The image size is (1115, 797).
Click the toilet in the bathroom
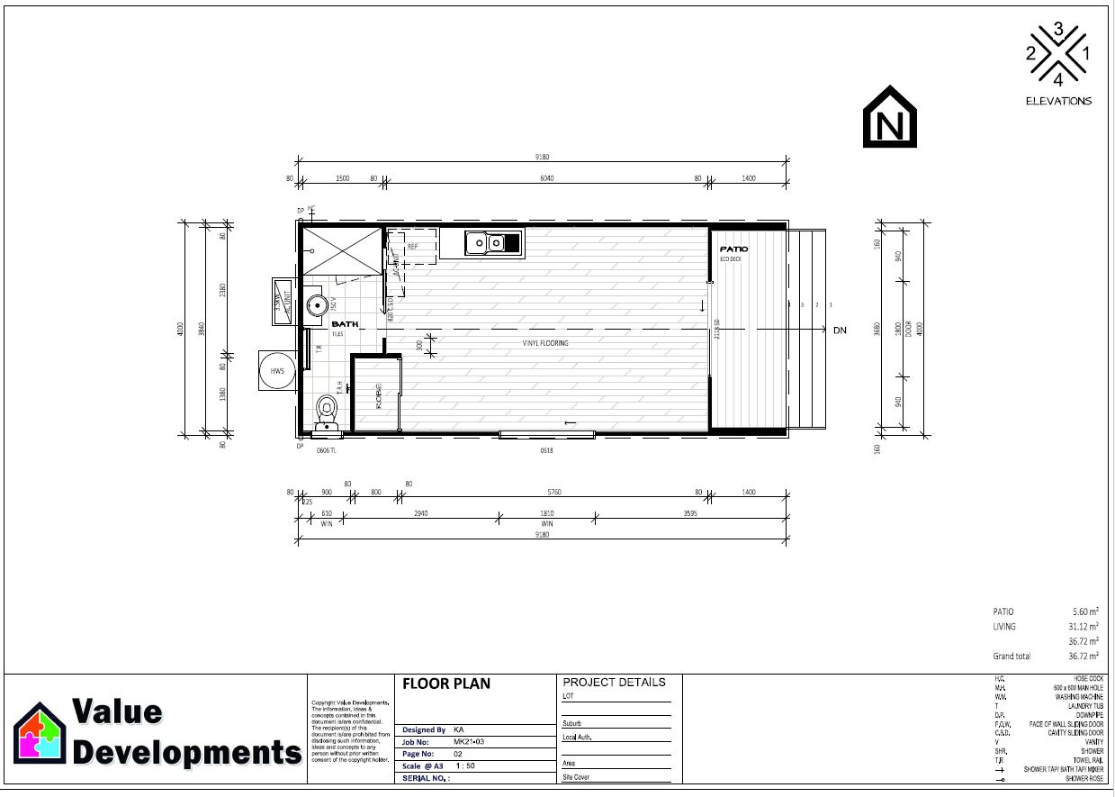[x=327, y=413]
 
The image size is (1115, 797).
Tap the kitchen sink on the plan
[x=493, y=242]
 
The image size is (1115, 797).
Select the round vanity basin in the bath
[x=315, y=305]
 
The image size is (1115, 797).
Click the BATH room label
[x=344, y=324]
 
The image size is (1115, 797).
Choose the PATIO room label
[x=733, y=249]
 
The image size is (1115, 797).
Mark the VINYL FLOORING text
[x=545, y=343]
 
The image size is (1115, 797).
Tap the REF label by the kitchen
[x=412, y=246]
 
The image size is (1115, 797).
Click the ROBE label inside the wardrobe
[x=379, y=397]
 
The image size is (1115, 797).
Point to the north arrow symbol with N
[x=890, y=117]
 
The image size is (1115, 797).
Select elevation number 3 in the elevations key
[x=1058, y=30]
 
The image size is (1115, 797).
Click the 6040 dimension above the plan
[x=546, y=178]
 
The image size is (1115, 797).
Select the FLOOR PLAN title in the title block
[x=446, y=684]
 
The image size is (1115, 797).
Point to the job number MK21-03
[x=469, y=741]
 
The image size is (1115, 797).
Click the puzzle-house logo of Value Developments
[x=40, y=732]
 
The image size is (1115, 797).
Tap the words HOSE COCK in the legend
[x=1082, y=678]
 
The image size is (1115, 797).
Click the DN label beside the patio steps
[x=840, y=331]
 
